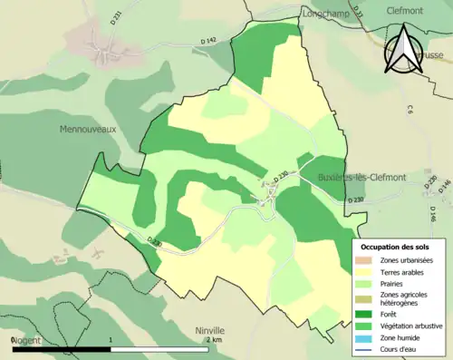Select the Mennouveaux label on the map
(x=89, y=130)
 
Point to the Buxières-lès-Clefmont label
(x=361, y=178)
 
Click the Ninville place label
(x=209, y=331)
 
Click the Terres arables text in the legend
(x=403, y=270)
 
